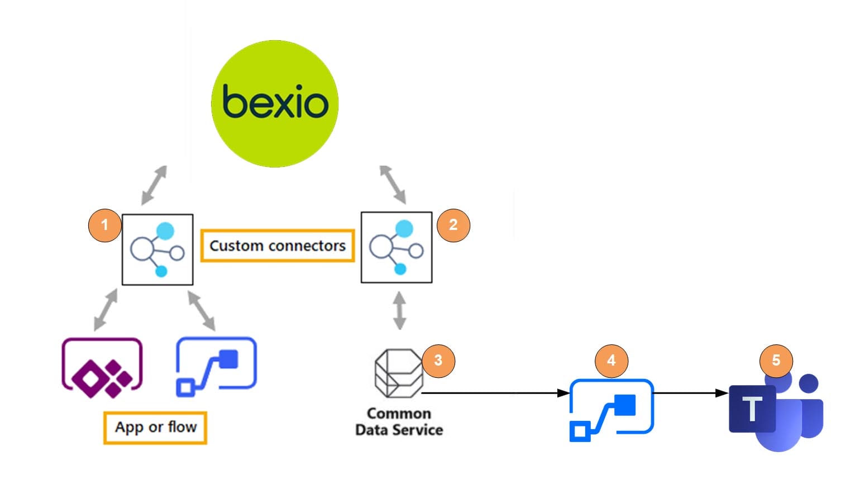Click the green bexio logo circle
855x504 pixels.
[275, 104]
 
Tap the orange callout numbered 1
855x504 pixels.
[104, 225]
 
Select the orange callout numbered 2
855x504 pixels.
[453, 225]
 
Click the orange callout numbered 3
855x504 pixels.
[438, 361]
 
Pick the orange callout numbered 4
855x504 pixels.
[612, 361]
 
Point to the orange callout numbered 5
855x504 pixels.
[776, 361]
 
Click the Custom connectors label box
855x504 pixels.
[278, 246]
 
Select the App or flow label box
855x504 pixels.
[155, 428]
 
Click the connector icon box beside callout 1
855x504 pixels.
[157, 249]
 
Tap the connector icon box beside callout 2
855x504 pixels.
[397, 247]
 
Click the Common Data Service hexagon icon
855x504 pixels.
[398, 373]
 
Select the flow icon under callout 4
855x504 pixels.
[611, 410]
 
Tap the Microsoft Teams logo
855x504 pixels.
[776, 412]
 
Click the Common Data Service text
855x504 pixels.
[399, 422]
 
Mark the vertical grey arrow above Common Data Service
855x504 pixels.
[399, 310]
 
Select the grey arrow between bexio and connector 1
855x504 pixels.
[154, 185]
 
